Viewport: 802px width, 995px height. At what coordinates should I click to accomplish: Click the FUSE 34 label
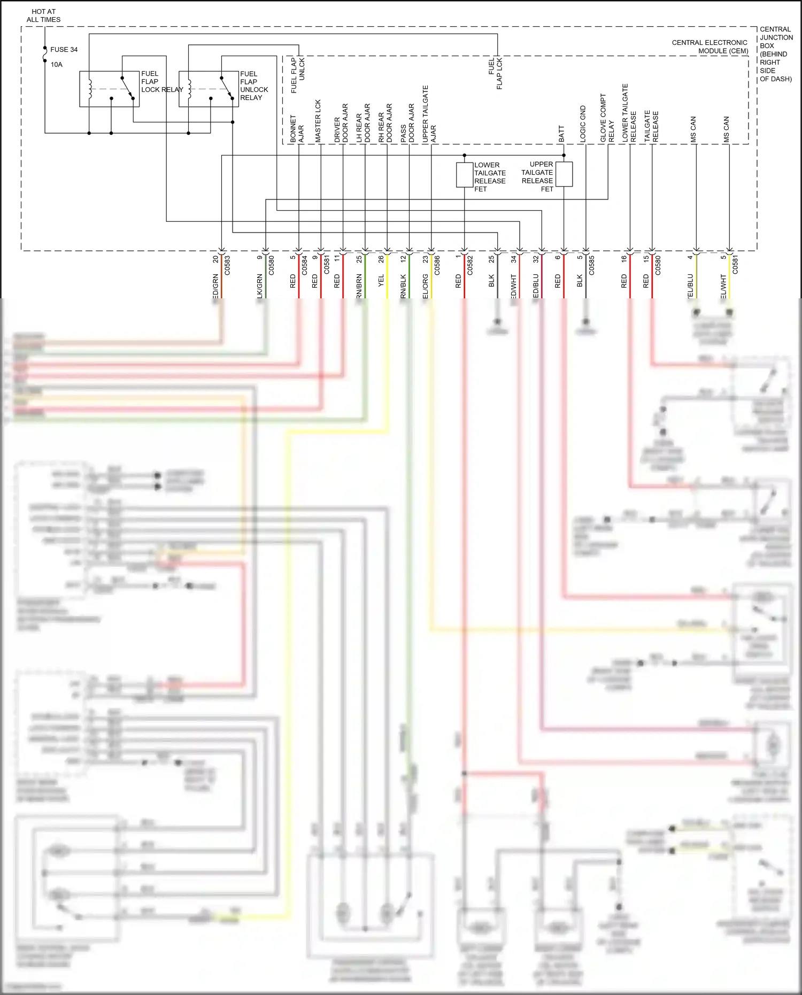point(64,50)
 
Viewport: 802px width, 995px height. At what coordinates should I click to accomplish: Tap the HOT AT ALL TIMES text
point(43,16)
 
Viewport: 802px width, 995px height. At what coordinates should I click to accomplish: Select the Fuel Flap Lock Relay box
point(109,89)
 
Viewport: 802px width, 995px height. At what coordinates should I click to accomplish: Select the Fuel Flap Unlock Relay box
point(209,89)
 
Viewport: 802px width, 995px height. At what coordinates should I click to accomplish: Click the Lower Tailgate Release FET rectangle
point(464,175)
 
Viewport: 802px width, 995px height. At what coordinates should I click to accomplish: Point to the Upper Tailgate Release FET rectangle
point(564,174)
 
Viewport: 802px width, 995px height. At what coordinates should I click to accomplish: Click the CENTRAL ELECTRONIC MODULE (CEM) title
point(710,47)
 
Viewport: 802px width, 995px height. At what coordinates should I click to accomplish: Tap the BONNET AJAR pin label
point(297,129)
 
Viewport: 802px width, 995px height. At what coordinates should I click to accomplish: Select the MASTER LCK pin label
point(318,121)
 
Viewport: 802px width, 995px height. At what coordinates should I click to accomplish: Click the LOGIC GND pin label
point(583,124)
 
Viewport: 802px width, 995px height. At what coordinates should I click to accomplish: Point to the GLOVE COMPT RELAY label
point(607,118)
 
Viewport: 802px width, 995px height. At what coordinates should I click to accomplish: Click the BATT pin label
point(561,134)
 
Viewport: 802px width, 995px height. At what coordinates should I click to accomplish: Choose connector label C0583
point(227,265)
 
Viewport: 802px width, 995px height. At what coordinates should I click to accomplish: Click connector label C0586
point(437,265)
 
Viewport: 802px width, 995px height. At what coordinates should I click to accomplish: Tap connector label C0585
point(591,265)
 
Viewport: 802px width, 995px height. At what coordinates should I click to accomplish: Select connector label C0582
point(470,265)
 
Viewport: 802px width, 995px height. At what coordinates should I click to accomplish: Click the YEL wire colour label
point(381,281)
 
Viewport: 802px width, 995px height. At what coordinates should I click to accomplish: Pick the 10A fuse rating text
point(57,65)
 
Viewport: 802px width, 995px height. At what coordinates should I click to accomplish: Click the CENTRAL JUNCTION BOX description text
point(776,54)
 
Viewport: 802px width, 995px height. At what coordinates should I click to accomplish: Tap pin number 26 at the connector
point(381,259)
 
